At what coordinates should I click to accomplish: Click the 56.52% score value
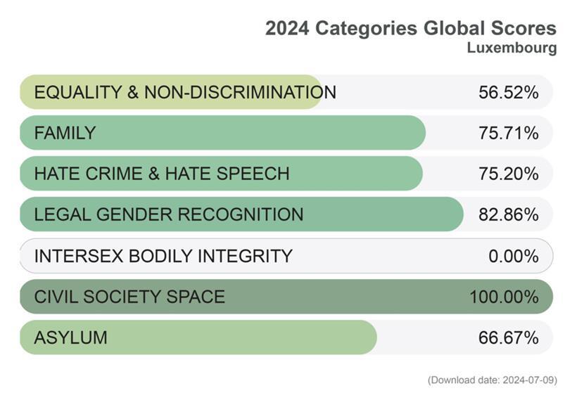coord(508,92)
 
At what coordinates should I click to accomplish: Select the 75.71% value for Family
coord(508,133)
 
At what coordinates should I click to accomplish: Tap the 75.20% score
coord(508,174)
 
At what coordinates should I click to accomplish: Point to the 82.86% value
coord(508,214)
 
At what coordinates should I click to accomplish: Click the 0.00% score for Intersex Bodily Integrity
coord(513,256)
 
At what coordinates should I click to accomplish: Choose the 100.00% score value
coord(504,297)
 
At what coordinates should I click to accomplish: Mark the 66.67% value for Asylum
coord(508,337)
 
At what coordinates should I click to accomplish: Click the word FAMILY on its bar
coord(65,133)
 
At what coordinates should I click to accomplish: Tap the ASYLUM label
coord(70,337)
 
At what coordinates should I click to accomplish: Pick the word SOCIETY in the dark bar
coord(118,297)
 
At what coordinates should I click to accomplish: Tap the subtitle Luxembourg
coord(512,48)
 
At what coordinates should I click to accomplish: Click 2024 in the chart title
coord(287,28)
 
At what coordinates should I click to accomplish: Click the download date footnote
coord(492,380)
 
